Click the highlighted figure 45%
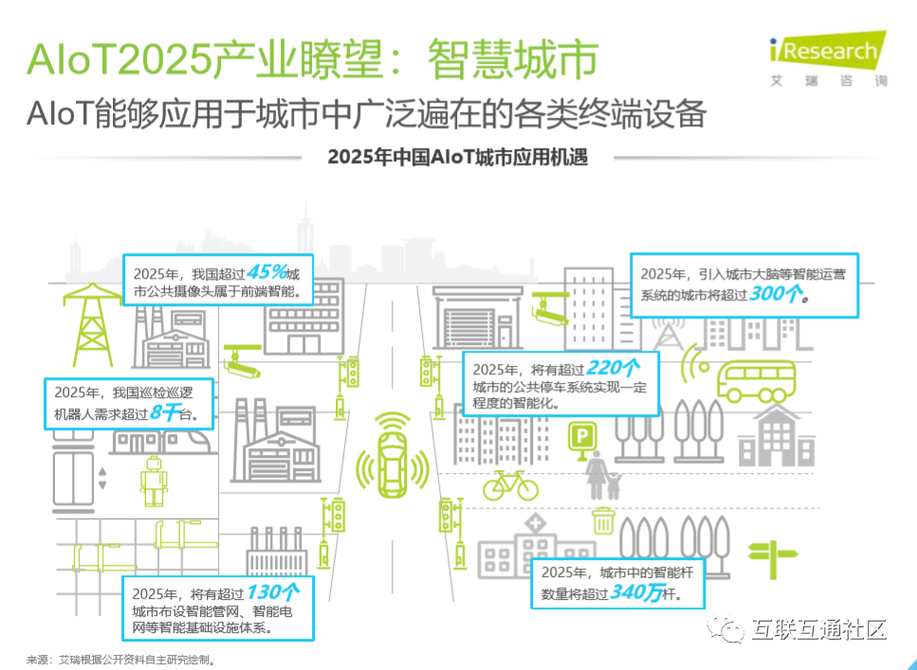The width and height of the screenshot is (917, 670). pos(266,272)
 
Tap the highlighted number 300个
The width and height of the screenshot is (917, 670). pos(775,294)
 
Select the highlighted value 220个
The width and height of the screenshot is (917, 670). pos(613,368)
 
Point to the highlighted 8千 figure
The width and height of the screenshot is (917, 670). pos(164,413)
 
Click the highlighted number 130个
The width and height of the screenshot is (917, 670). pos(272,592)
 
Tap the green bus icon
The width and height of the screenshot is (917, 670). pos(756,381)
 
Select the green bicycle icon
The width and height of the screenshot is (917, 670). pos(510,485)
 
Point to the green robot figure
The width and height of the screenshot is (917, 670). pos(154,481)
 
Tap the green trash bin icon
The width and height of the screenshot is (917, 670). pos(603,520)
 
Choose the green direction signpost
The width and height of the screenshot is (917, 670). pos(773,559)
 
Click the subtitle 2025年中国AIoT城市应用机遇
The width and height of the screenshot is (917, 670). pos(457,157)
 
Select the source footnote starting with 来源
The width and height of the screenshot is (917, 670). pos(121,661)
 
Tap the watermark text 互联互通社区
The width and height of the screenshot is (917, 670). pos(818,629)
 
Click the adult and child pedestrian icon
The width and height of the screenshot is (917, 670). pos(603,476)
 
